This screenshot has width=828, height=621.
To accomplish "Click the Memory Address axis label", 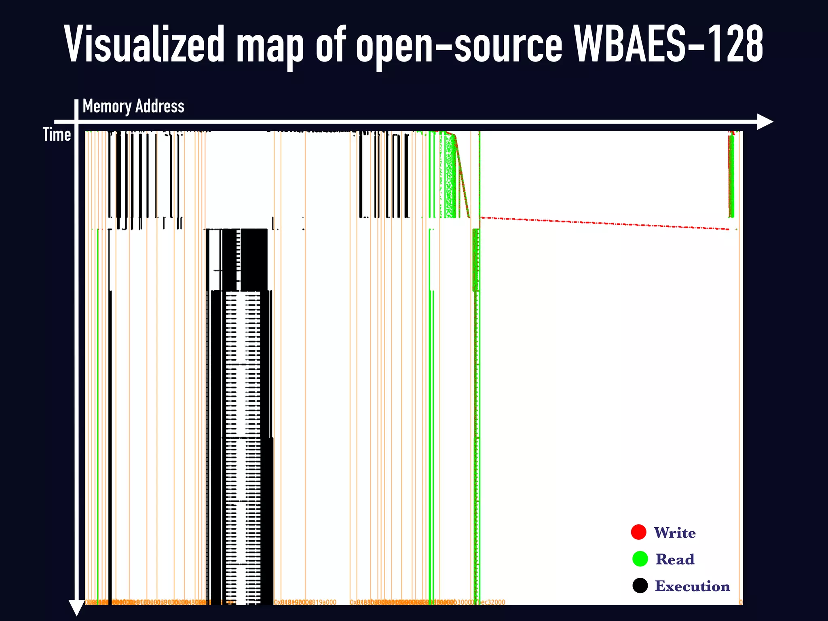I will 133,106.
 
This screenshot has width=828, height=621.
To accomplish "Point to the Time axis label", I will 57,135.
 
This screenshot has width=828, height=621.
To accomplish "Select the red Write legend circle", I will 639,532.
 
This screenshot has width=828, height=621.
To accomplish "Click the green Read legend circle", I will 640,559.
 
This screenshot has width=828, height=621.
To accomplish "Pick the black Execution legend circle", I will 640,585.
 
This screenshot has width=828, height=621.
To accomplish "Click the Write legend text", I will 675,533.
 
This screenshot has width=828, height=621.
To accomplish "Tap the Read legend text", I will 675,560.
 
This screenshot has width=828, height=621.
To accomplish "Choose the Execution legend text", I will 692,586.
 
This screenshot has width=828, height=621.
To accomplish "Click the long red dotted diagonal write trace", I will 606,224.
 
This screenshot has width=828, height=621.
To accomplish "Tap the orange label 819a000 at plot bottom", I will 323,602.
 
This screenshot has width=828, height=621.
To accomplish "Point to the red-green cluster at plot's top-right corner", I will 731,174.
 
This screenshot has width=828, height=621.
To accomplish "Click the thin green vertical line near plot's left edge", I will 98,404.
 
